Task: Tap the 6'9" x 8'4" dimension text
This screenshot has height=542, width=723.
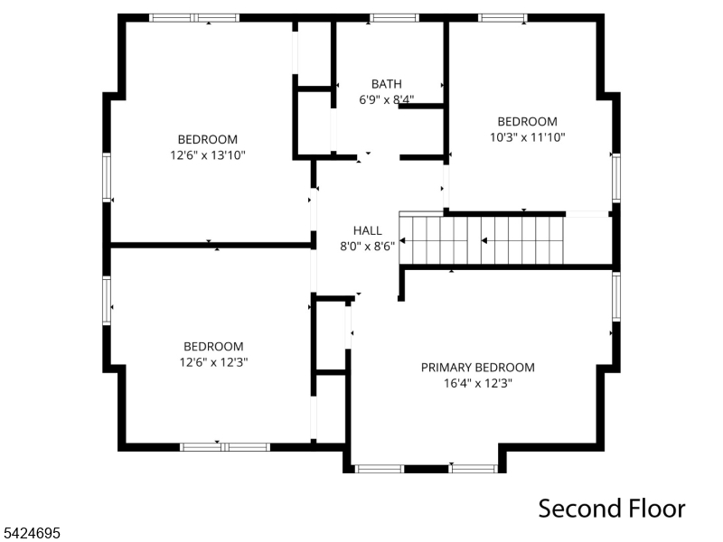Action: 386,100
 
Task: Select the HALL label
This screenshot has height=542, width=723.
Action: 367,230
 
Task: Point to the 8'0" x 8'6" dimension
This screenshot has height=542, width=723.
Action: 367,246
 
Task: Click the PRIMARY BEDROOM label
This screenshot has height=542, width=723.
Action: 477,368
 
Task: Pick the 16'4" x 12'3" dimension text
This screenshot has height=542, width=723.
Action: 477,383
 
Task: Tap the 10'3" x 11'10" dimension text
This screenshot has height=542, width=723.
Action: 527,137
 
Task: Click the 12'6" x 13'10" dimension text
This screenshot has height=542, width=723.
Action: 208,155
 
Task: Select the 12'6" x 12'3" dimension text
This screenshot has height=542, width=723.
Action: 213,362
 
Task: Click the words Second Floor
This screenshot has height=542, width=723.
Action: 612,508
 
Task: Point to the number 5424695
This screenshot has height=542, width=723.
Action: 32,534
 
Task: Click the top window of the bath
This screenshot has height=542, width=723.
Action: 394,17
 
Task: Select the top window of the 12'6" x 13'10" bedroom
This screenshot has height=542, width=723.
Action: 194,17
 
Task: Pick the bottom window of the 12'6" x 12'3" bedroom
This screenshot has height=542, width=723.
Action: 224,446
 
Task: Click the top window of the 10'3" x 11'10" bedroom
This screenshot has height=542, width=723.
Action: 502,17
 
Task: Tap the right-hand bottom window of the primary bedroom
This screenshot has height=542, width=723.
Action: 474,468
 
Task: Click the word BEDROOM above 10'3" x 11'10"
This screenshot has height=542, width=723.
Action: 527,121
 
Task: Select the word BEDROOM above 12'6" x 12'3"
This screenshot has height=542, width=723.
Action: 213,346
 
